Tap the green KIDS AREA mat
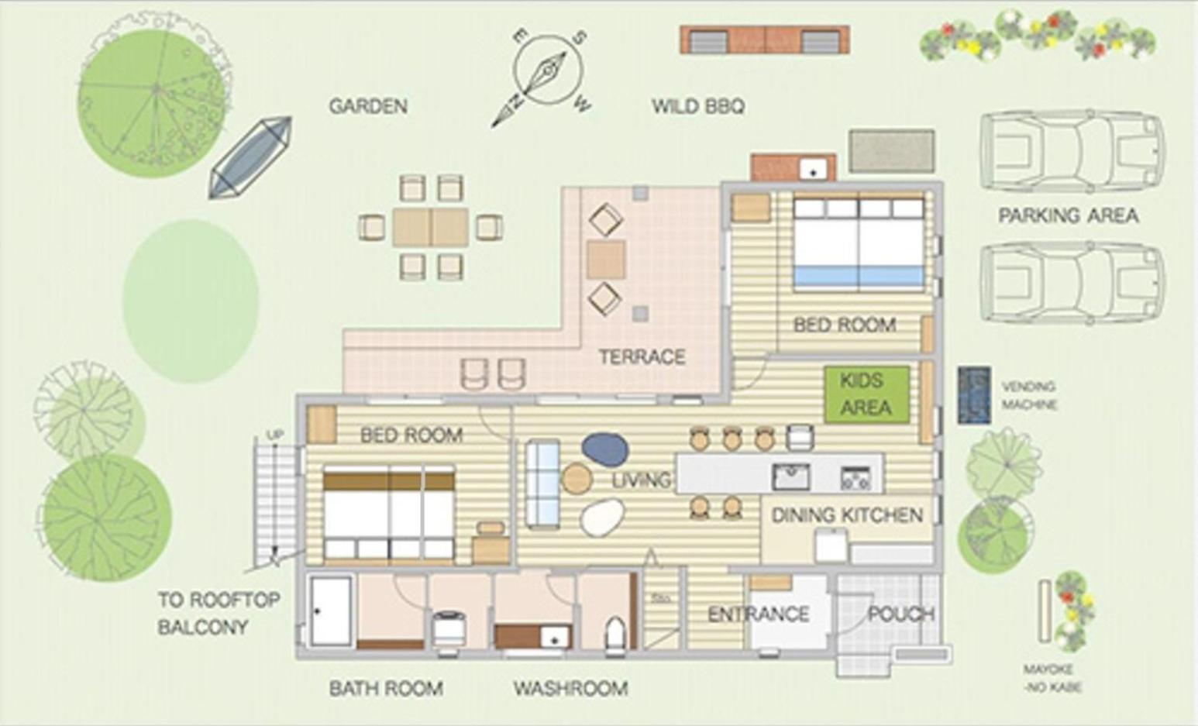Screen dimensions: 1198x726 [866, 394]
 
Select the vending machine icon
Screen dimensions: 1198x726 [974, 395]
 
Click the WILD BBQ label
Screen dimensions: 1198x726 [698, 106]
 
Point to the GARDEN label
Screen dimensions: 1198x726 [368, 106]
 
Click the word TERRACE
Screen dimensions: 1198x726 [642, 356]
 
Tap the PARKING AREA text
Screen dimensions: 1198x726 [1069, 215]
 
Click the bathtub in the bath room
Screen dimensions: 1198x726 [331, 611]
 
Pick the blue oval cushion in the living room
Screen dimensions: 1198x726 [605, 449]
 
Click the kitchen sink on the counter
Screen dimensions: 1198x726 [790, 477]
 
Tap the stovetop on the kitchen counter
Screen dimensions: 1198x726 [855, 478]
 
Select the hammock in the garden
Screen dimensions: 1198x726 [250, 158]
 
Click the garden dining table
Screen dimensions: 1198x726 [431, 227]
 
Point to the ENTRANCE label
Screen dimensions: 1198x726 [758, 614]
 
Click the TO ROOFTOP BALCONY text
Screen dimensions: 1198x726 [219, 613]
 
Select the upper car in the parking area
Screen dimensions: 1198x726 [1072, 152]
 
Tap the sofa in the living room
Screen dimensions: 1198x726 [543, 484]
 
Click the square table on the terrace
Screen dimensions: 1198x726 [606, 260]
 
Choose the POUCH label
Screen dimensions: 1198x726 [900, 614]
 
